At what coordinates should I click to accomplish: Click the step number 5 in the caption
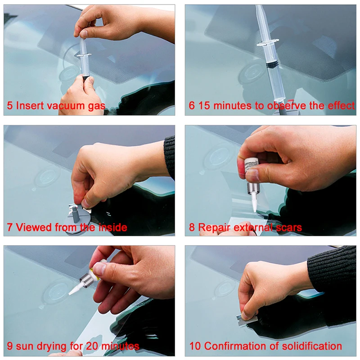point(10,106)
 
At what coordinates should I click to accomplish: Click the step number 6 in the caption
point(192,106)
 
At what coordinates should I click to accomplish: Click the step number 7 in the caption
point(10,228)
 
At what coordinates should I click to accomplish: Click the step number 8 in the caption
point(192,228)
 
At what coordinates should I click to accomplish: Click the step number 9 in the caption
point(10,346)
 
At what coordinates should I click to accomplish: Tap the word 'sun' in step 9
point(25,346)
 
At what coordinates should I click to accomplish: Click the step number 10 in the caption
point(194,346)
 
